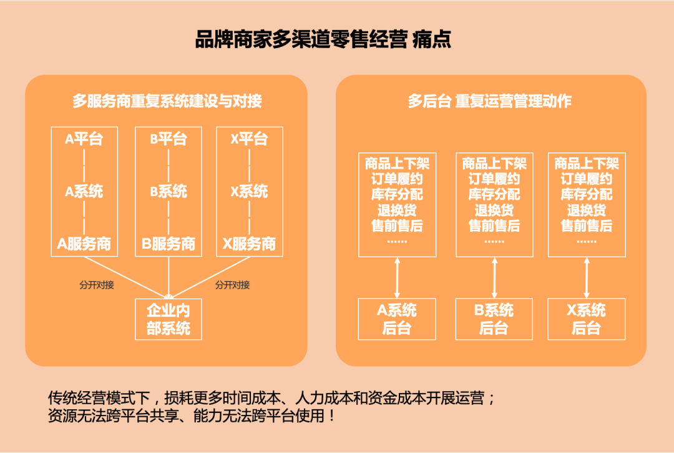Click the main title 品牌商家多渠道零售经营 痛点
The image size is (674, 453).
click(x=323, y=39)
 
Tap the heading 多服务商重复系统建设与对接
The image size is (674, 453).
click(x=167, y=101)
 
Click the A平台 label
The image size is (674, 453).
click(x=84, y=139)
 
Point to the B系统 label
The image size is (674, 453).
click(x=168, y=191)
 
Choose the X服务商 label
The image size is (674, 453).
click(x=250, y=244)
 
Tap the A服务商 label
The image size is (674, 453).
click(x=84, y=244)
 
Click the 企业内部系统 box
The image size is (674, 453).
click(x=168, y=319)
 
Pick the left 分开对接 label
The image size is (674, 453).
click(x=97, y=285)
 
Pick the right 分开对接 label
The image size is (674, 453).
click(x=233, y=285)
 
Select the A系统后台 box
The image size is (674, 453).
click(x=397, y=319)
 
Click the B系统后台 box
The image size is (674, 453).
click(x=494, y=319)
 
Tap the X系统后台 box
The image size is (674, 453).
click(x=587, y=319)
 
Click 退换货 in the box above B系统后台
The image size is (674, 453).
click(x=494, y=210)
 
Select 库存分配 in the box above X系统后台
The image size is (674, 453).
click(x=587, y=194)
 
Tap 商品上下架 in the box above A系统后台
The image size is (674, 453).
click(x=397, y=164)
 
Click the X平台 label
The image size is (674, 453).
click(x=250, y=139)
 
